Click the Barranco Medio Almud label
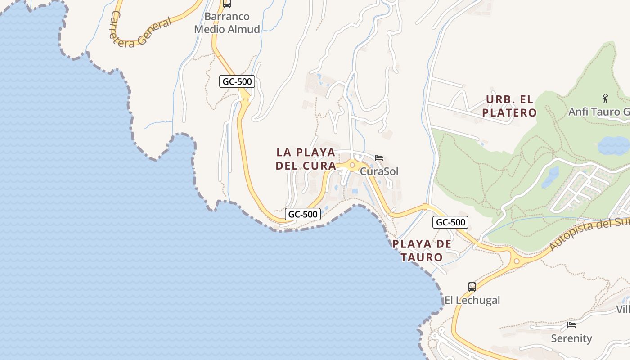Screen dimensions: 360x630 point(227,23)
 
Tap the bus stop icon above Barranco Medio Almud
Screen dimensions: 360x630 point(227,4)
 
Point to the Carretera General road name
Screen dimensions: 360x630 point(141,32)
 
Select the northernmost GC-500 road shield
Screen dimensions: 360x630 point(238,81)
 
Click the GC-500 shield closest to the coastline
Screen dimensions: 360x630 point(303,214)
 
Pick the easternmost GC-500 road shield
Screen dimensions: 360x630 point(450,222)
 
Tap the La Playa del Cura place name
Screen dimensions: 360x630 point(306,159)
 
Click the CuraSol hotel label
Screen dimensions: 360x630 point(379,171)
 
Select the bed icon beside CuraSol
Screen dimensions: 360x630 point(379,158)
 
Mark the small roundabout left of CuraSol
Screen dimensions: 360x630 point(352,165)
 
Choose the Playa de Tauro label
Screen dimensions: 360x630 point(422,251)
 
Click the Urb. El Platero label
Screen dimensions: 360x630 point(509,106)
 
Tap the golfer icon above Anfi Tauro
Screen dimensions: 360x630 point(605,98)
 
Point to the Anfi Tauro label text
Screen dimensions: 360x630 point(598,111)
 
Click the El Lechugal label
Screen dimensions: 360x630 point(472,300)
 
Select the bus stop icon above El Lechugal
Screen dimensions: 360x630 point(472,287)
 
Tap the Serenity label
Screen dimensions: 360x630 point(571,338)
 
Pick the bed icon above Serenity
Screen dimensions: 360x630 point(571,324)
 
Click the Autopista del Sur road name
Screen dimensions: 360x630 point(589,235)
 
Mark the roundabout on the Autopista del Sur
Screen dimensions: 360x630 point(517,261)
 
